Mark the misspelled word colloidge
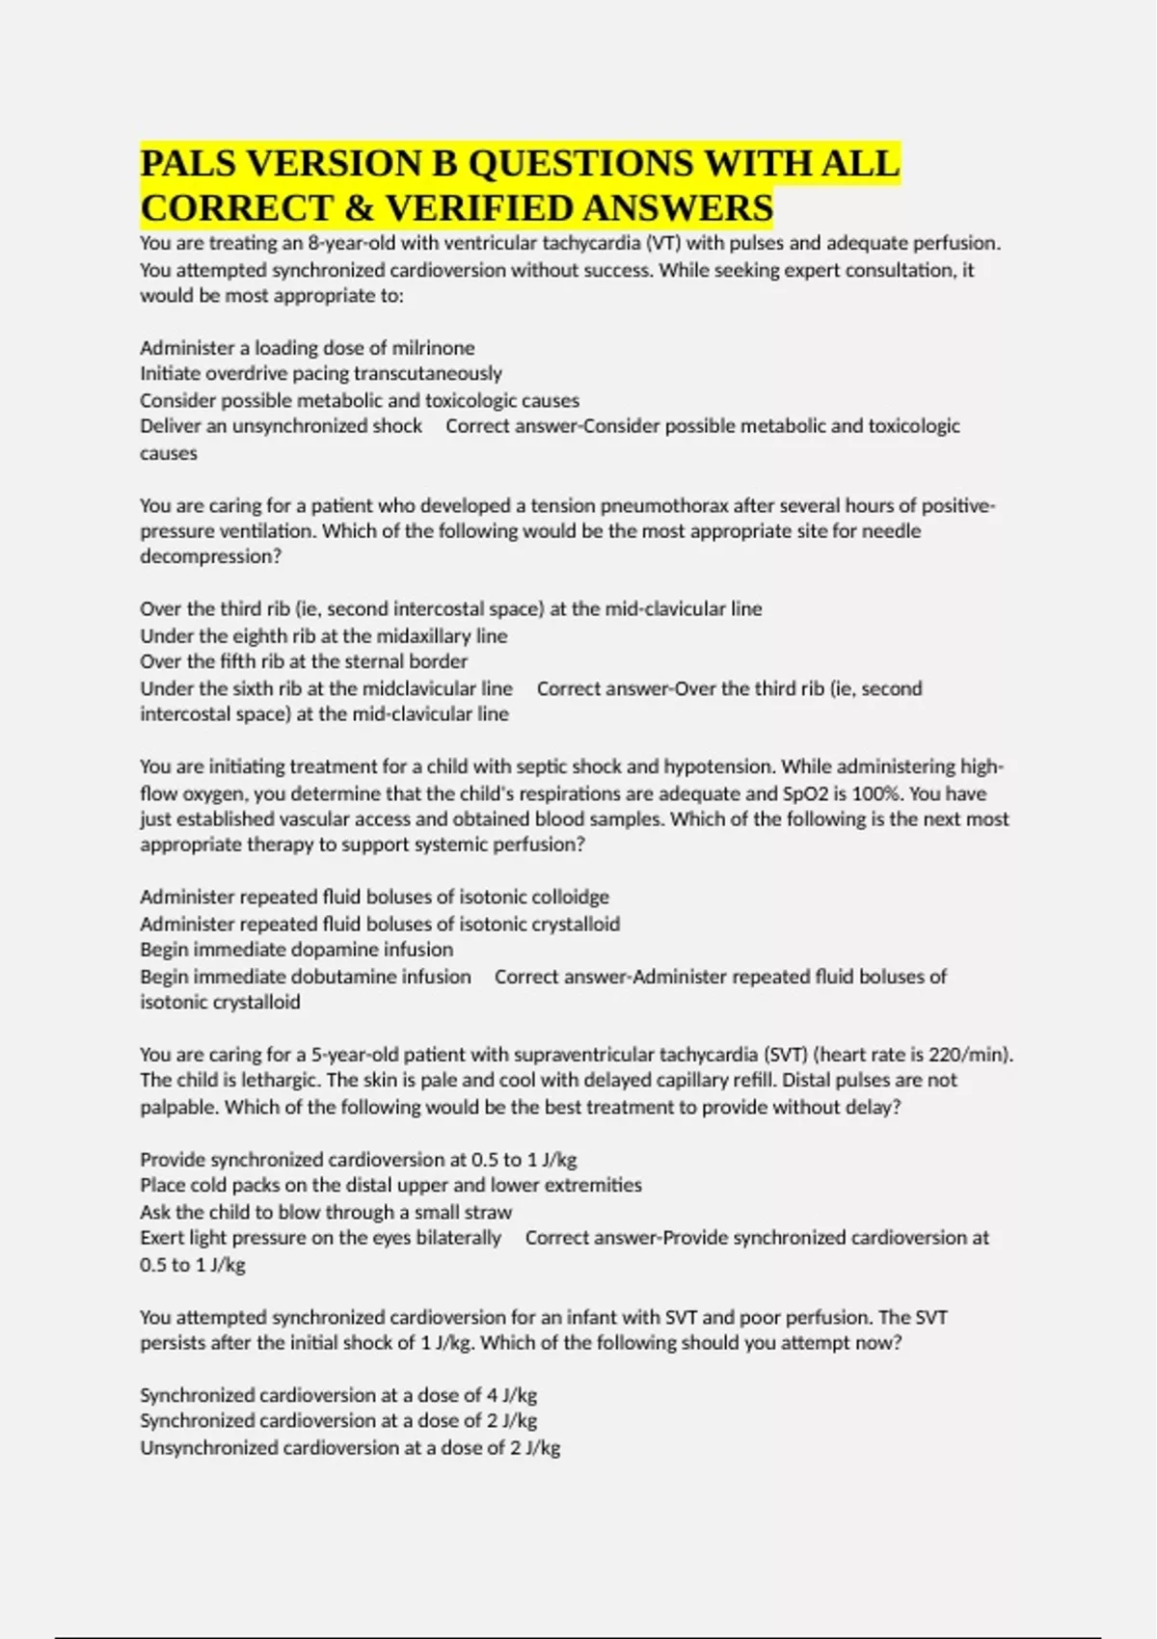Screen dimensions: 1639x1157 coord(569,898)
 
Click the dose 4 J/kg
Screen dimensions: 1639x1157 coord(513,1396)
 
